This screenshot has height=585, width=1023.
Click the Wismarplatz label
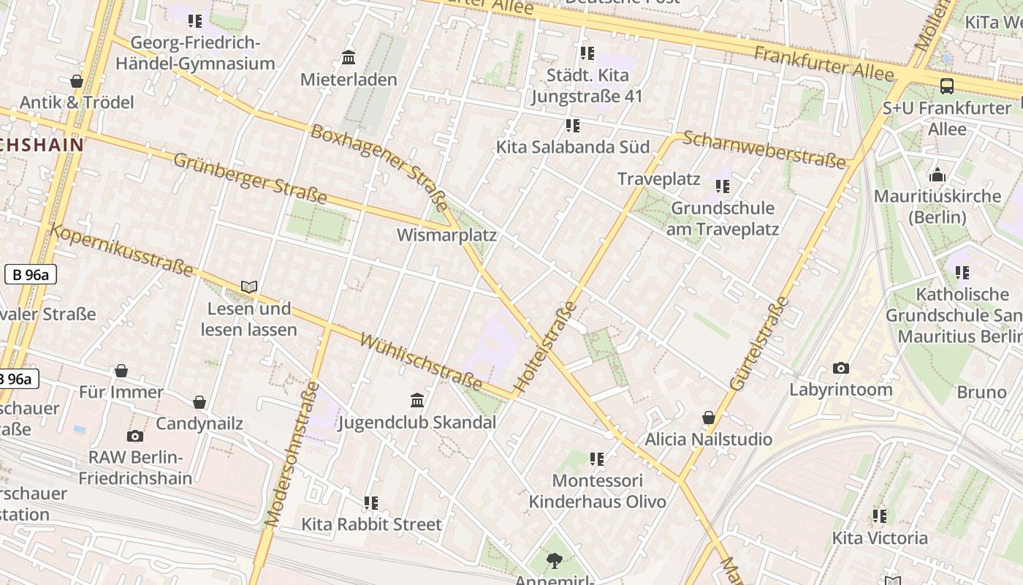pyautogui.click(x=446, y=235)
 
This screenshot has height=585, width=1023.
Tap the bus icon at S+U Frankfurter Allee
pyautogui.click(x=947, y=86)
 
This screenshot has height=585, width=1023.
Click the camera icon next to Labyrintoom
pyautogui.click(x=841, y=368)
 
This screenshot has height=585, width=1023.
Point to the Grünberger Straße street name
pyautogui.click(x=249, y=178)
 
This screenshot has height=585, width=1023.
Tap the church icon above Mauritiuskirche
pyautogui.click(x=937, y=175)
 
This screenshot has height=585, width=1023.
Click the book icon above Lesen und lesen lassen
pyautogui.click(x=249, y=287)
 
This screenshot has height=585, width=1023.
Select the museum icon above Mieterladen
pyautogui.click(x=349, y=58)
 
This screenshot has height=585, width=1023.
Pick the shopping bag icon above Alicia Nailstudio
pyautogui.click(x=708, y=418)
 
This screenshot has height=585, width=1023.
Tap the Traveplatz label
pyautogui.click(x=658, y=179)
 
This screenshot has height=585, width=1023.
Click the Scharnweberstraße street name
pyautogui.click(x=764, y=150)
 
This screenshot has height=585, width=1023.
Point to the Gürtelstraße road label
pyautogui.click(x=760, y=343)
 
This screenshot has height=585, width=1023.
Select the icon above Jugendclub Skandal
pyautogui.click(x=417, y=400)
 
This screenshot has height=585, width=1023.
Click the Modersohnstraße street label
pyautogui.click(x=292, y=454)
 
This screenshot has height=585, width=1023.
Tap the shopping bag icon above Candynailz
pyautogui.click(x=199, y=402)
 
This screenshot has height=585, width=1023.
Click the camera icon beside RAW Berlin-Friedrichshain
pyautogui.click(x=134, y=437)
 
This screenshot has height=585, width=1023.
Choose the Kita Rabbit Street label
pyautogui.click(x=371, y=524)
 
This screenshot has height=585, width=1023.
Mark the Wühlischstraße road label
pyautogui.click(x=421, y=363)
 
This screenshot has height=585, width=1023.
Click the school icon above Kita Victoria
pyautogui.click(x=880, y=516)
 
